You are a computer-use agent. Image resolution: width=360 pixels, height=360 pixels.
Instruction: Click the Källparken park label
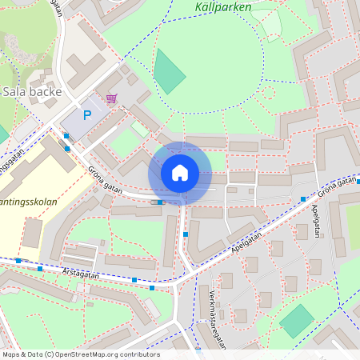click(x=222, y=7)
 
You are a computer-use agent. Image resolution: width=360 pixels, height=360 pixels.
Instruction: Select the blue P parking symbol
click(x=87, y=115)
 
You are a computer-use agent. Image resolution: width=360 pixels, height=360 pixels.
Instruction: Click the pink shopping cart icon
click(x=110, y=98)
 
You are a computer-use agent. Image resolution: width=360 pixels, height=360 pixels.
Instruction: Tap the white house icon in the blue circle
click(x=179, y=173)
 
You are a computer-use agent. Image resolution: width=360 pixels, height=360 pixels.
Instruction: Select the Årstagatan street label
click(x=80, y=274)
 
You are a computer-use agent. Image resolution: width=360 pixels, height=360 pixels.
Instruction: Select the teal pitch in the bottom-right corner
click(x=297, y=320)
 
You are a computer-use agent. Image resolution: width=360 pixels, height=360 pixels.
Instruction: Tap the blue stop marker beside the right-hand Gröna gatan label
click(x=303, y=198)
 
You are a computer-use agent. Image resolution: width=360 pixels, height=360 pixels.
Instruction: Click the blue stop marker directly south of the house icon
click(x=186, y=234)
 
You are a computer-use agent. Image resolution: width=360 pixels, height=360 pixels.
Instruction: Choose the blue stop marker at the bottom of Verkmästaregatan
click(x=198, y=350)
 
